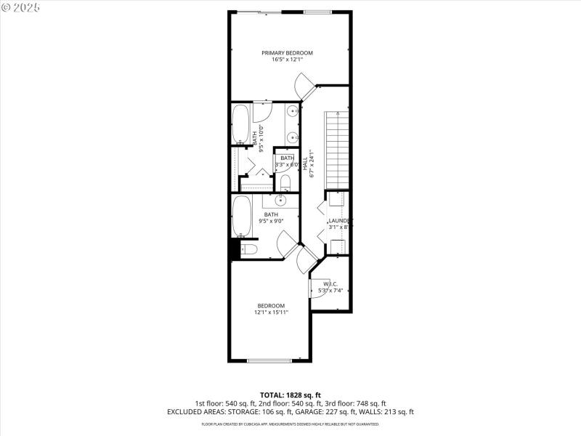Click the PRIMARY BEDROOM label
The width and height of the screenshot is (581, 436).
click(288, 53)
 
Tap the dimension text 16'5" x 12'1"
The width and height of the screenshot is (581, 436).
click(288, 60)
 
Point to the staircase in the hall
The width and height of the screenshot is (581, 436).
click(337, 150)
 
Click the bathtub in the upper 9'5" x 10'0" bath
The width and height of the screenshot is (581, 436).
click(240, 124)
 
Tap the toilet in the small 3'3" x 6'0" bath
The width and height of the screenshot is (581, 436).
click(285, 182)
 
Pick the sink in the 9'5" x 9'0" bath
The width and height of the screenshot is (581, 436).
click(283, 201)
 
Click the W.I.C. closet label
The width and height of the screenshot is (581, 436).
click(331, 284)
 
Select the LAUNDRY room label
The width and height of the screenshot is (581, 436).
click(340, 220)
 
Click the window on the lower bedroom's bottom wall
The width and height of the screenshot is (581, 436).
click(269, 360)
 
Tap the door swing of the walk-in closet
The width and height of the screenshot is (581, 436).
click(324, 288)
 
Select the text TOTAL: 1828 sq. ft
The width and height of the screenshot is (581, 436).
click(290, 395)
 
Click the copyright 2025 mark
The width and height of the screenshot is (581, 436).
click(21, 7)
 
